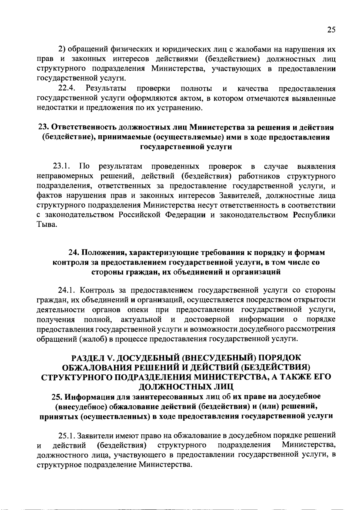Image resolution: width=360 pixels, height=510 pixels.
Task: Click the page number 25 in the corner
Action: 331,30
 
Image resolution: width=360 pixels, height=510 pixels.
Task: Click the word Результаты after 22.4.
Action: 106,88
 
